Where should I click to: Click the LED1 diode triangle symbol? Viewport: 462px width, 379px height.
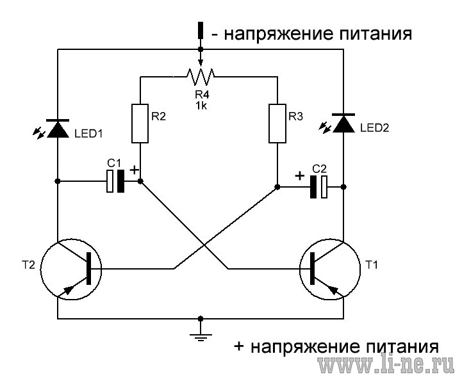(58, 129)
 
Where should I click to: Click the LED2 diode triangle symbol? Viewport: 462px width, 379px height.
(343, 123)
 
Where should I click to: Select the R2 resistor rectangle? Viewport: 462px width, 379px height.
(140, 124)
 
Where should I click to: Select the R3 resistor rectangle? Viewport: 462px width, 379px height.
(277, 124)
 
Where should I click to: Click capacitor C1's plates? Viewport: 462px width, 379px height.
(115, 181)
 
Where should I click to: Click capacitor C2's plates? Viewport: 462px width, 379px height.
(318, 187)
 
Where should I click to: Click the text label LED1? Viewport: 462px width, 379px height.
(88, 134)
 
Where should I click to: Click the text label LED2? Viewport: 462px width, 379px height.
(374, 128)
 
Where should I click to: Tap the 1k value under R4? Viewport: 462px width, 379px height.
(201, 106)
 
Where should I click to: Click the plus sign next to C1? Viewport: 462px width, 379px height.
(135, 170)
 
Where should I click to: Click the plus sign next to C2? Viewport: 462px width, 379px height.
(300, 176)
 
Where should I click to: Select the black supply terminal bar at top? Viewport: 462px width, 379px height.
(201, 30)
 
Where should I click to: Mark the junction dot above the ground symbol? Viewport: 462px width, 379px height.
(201, 319)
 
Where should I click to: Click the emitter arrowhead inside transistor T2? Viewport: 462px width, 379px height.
(68, 289)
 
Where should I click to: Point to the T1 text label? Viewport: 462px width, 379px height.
(371, 265)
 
